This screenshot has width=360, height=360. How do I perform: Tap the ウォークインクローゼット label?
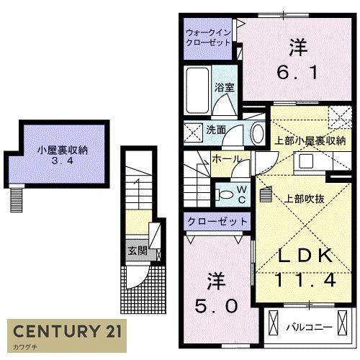207,37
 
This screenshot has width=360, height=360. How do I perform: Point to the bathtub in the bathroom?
197,90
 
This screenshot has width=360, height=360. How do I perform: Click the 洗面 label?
217,130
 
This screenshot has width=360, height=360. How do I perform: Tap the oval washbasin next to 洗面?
258,132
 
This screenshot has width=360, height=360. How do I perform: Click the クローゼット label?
217,222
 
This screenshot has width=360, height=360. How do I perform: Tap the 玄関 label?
137,251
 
